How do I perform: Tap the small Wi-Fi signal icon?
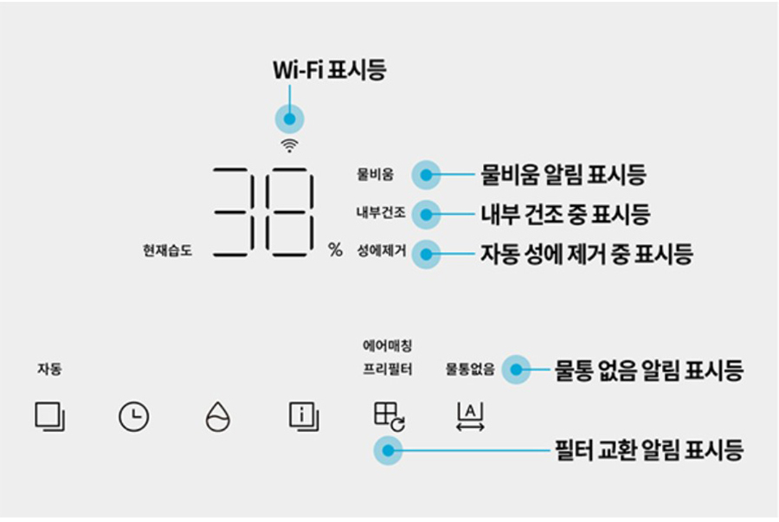[x=289, y=145]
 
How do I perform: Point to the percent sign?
[x=335, y=250]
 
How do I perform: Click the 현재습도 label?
[x=167, y=251]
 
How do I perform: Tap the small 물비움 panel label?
[x=375, y=175]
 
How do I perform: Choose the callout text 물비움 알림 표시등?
[x=563, y=175]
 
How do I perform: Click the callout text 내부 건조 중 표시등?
[x=564, y=213]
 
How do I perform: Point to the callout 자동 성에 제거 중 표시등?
[x=586, y=254]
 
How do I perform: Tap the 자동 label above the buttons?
[x=48, y=369]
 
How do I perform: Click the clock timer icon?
[x=133, y=417]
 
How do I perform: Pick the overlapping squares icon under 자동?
[x=50, y=417]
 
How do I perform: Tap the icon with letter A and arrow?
[x=470, y=417]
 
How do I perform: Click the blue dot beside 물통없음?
[x=516, y=370]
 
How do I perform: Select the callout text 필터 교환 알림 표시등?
[x=647, y=450]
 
